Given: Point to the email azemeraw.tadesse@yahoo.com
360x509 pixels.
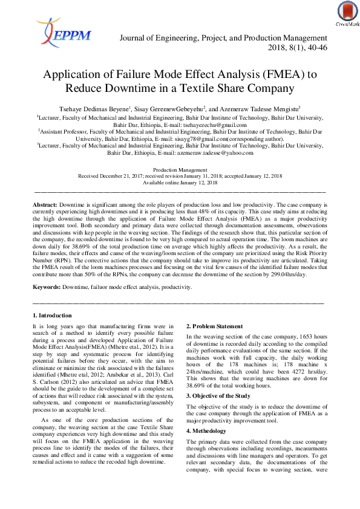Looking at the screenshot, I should tap(208, 153).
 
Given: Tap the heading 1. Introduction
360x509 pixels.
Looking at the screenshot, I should tap(52, 316).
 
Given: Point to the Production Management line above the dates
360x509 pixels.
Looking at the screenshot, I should tap(180, 170).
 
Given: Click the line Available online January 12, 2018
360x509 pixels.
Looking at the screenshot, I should tap(180, 182).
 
